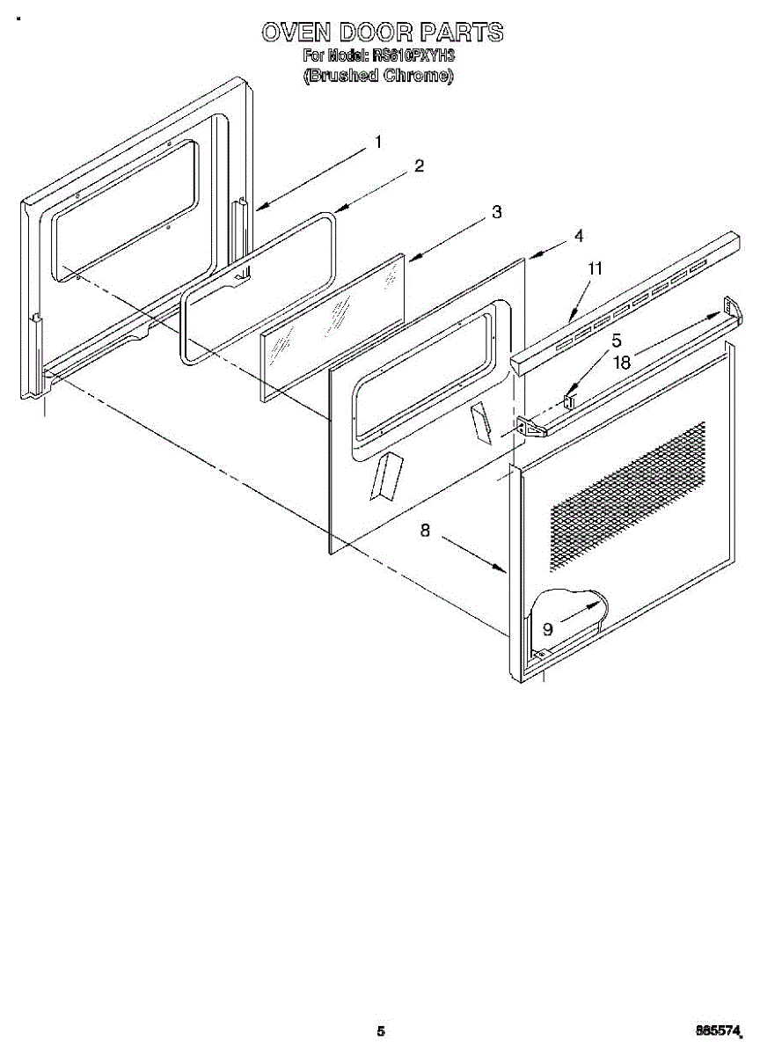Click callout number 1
click(x=378, y=142)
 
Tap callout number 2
click(x=420, y=165)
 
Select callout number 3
click(x=497, y=211)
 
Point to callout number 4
click(x=578, y=236)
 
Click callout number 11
click(x=596, y=269)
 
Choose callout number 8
click(x=425, y=531)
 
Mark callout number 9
click(x=547, y=628)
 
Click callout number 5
click(x=617, y=339)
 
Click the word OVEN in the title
click(x=296, y=33)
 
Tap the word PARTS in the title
click(x=462, y=33)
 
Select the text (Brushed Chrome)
click(x=379, y=76)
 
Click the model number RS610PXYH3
click(x=413, y=55)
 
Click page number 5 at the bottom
click(x=380, y=1030)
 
